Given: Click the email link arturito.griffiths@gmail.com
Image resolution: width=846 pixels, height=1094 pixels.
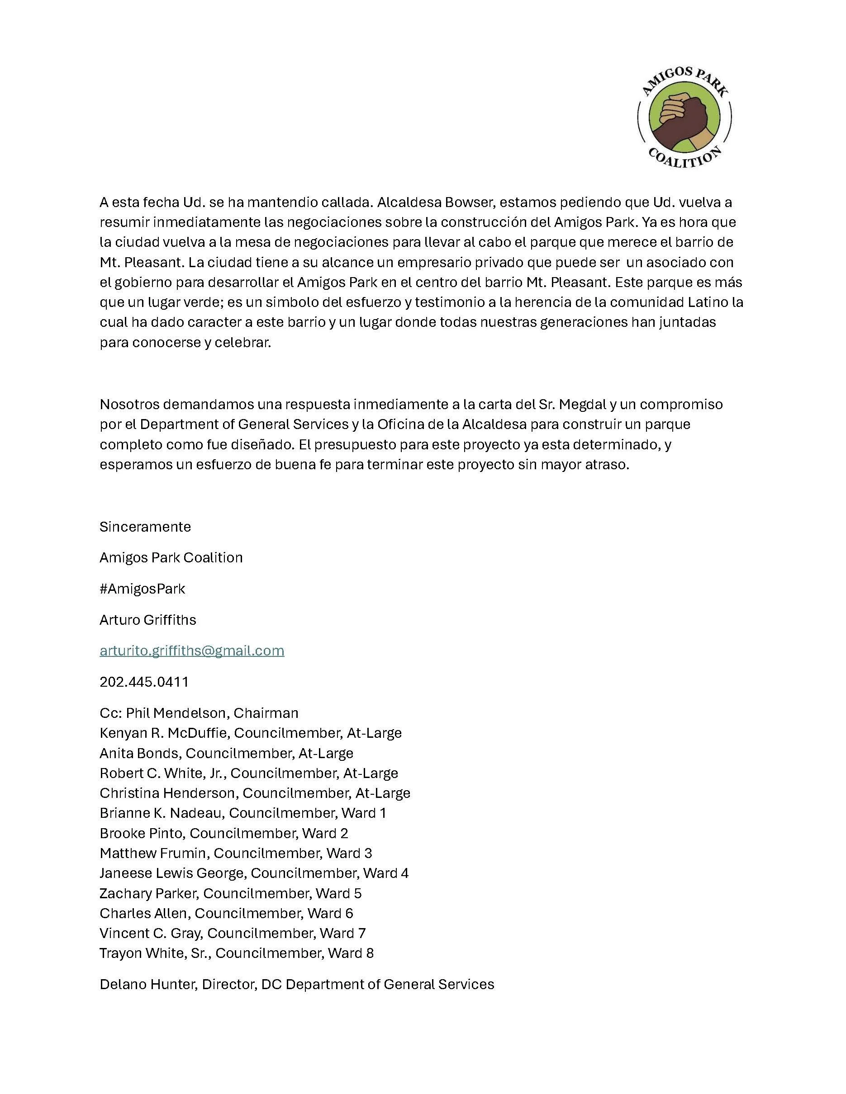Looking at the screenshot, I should (x=192, y=651).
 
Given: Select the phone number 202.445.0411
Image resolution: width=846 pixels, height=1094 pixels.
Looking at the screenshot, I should (x=144, y=682).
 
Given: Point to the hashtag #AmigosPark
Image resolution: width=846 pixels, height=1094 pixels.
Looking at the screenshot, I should (x=143, y=589).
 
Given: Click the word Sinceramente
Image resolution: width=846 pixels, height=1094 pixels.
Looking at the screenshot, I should (x=145, y=527).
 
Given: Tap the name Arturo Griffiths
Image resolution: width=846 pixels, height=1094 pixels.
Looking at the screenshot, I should (x=148, y=620).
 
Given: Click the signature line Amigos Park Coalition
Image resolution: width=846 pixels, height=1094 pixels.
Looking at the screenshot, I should (x=171, y=557).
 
